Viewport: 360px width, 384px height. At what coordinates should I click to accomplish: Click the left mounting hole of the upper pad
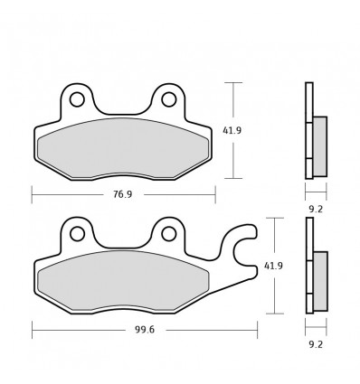[x=78, y=99]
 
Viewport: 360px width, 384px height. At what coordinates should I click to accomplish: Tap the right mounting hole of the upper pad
[x=168, y=99]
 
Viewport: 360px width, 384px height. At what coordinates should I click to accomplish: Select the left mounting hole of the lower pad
[x=78, y=233]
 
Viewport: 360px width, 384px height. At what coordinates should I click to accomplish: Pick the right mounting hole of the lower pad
[x=168, y=233]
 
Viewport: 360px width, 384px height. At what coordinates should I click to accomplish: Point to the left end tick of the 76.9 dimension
[x=32, y=193]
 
